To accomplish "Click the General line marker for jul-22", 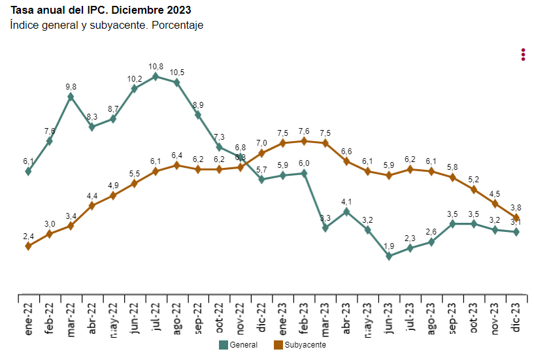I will click(156, 76).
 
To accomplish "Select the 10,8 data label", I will click(156, 67).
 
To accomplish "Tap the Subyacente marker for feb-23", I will click(304, 141).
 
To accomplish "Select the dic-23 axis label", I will click(516, 318).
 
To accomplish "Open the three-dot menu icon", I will click(523, 54).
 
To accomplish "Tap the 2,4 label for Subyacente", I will click(29, 237).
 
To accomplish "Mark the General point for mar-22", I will click(71, 97).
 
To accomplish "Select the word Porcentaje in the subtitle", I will click(178, 25).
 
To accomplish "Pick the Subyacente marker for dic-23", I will click(516, 218).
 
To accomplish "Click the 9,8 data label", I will click(71, 87).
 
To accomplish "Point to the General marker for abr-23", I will click(346, 212).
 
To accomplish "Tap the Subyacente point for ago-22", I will click(176, 165).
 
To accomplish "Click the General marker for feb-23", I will click(304, 173).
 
